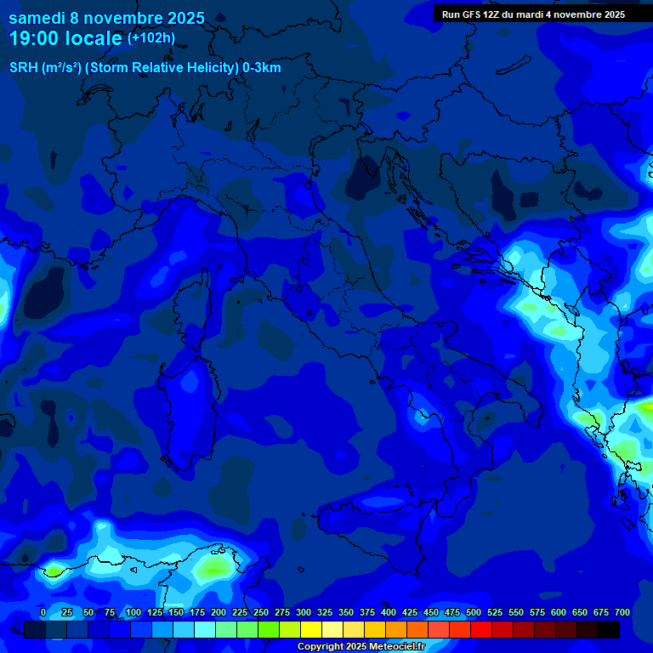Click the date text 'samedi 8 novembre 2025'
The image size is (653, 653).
point(106,18)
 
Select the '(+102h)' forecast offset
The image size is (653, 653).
point(150,37)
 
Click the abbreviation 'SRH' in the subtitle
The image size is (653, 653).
point(23,68)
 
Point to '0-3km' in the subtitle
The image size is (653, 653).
point(262,68)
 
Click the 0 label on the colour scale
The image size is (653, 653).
point(43,613)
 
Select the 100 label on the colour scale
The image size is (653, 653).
point(133,613)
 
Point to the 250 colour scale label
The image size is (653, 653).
point(261,613)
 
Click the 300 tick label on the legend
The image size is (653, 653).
point(304,613)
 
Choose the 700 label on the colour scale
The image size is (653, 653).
point(622,613)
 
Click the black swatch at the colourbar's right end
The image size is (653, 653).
point(609,629)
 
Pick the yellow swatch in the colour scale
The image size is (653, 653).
point(311,629)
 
